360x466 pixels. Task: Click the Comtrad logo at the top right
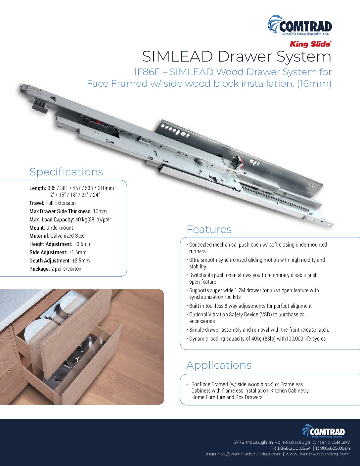[x=299, y=25]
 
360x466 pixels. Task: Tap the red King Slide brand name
[x=310, y=44]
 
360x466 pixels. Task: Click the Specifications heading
[x=66, y=172]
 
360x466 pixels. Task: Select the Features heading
[x=209, y=229]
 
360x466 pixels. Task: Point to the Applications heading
[x=219, y=365]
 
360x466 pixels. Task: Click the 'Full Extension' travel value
[x=61, y=203]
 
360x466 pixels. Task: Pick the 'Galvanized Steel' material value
[x=68, y=236]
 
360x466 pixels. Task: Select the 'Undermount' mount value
[x=60, y=228]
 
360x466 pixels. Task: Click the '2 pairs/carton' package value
[x=66, y=269]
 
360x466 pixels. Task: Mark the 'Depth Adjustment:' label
[x=50, y=260]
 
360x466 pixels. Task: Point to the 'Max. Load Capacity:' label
[x=52, y=219]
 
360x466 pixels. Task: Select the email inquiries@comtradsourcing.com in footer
[x=243, y=454]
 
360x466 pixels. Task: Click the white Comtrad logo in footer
[x=323, y=431]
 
